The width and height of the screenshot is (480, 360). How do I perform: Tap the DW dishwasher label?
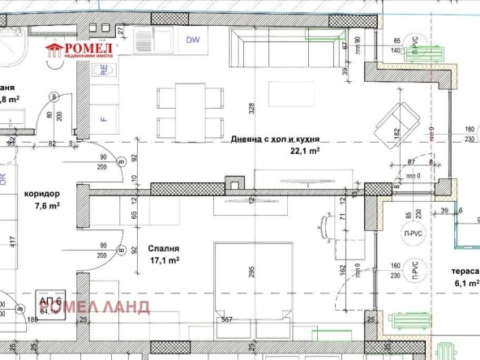[193, 40]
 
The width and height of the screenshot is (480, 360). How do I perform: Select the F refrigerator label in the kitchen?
[103, 119]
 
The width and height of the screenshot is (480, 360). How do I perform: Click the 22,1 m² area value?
[304, 150]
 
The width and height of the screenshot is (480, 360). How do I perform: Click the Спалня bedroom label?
[163, 249]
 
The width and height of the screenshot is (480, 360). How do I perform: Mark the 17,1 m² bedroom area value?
[164, 260]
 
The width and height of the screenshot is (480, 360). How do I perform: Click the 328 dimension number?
[251, 108]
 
